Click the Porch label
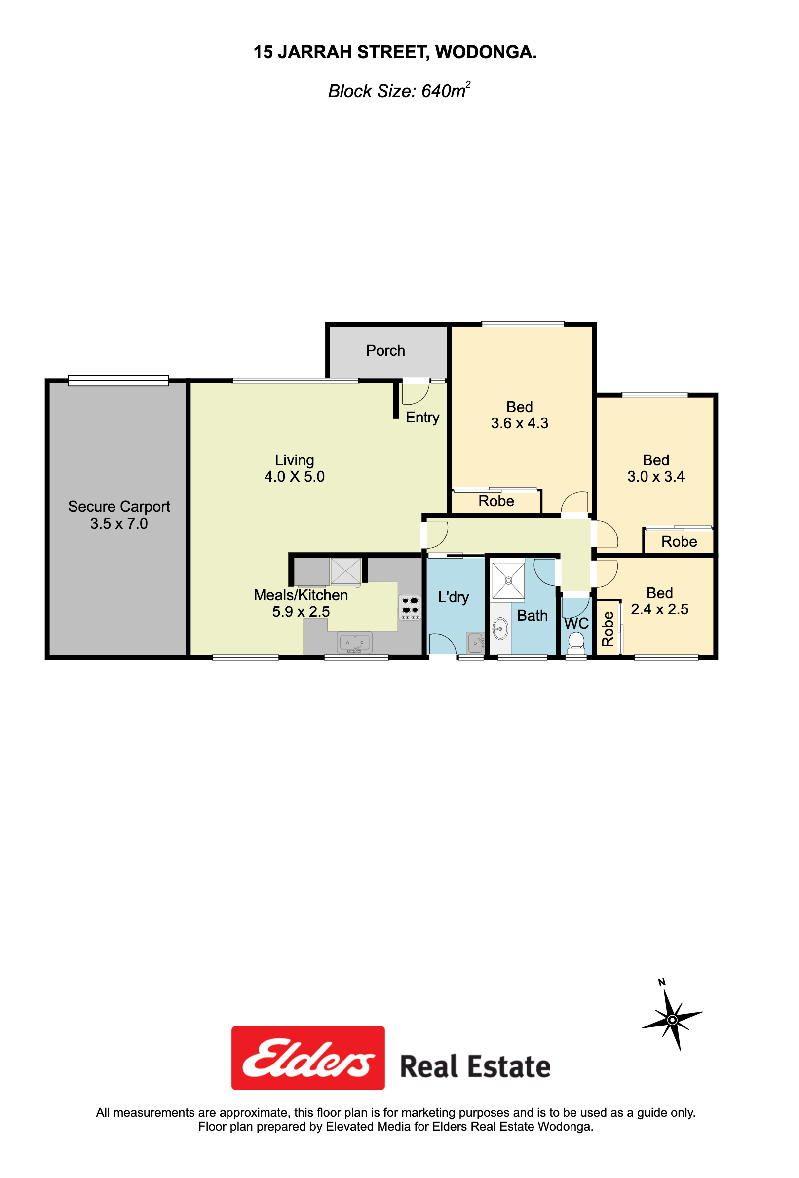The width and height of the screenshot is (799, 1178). [x=385, y=351]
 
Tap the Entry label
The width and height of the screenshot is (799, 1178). [x=422, y=418]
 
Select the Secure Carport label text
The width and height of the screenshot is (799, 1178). [x=119, y=507]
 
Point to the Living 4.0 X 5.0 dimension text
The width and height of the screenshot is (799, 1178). [x=295, y=476]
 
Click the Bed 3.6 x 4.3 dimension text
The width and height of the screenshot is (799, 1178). [x=520, y=423]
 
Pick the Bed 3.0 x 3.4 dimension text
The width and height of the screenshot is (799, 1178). [x=656, y=476]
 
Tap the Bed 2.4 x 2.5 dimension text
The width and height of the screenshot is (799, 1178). [x=659, y=609]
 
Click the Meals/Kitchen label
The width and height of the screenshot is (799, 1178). [x=301, y=595]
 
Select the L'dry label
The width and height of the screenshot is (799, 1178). [x=453, y=597]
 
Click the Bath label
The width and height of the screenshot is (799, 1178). [x=533, y=616]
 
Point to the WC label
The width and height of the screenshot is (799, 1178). [x=576, y=623]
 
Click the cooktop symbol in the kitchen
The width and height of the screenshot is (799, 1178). [x=410, y=607]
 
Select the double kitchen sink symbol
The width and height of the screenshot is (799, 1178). [x=354, y=643]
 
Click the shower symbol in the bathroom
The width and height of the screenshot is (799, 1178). [x=508, y=580]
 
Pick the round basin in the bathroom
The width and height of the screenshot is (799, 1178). [x=500, y=629]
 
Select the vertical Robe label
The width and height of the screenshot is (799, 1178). [x=608, y=629]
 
